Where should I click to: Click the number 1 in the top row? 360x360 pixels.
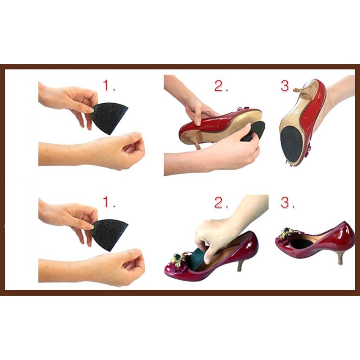pyautogui.click(x=107, y=85)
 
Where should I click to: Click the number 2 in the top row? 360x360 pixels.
pyautogui.click(x=219, y=86)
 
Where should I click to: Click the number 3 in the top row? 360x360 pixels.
pyautogui.click(x=285, y=86)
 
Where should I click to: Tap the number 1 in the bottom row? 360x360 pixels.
pyautogui.click(x=107, y=202)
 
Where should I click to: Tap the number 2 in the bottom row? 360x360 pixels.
pyautogui.click(x=219, y=202)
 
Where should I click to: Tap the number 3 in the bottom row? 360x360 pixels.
pyautogui.click(x=285, y=202)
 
